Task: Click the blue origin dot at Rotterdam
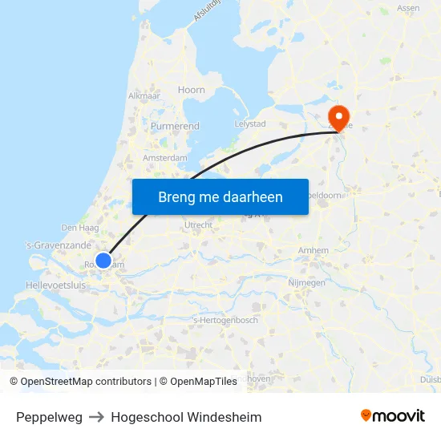(x=103, y=260)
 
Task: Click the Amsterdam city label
(x=165, y=158)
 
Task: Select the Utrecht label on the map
(x=198, y=225)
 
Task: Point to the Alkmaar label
(x=144, y=95)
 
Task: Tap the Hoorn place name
(x=192, y=90)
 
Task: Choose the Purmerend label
(x=175, y=126)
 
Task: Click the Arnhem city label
(x=313, y=250)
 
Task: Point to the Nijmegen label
(x=306, y=283)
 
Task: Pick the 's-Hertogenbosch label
(x=225, y=321)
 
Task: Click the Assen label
(x=408, y=8)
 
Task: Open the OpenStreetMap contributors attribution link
(x=86, y=382)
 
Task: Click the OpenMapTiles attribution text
(x=204, y=382)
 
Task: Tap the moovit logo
(x=393, y=415)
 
